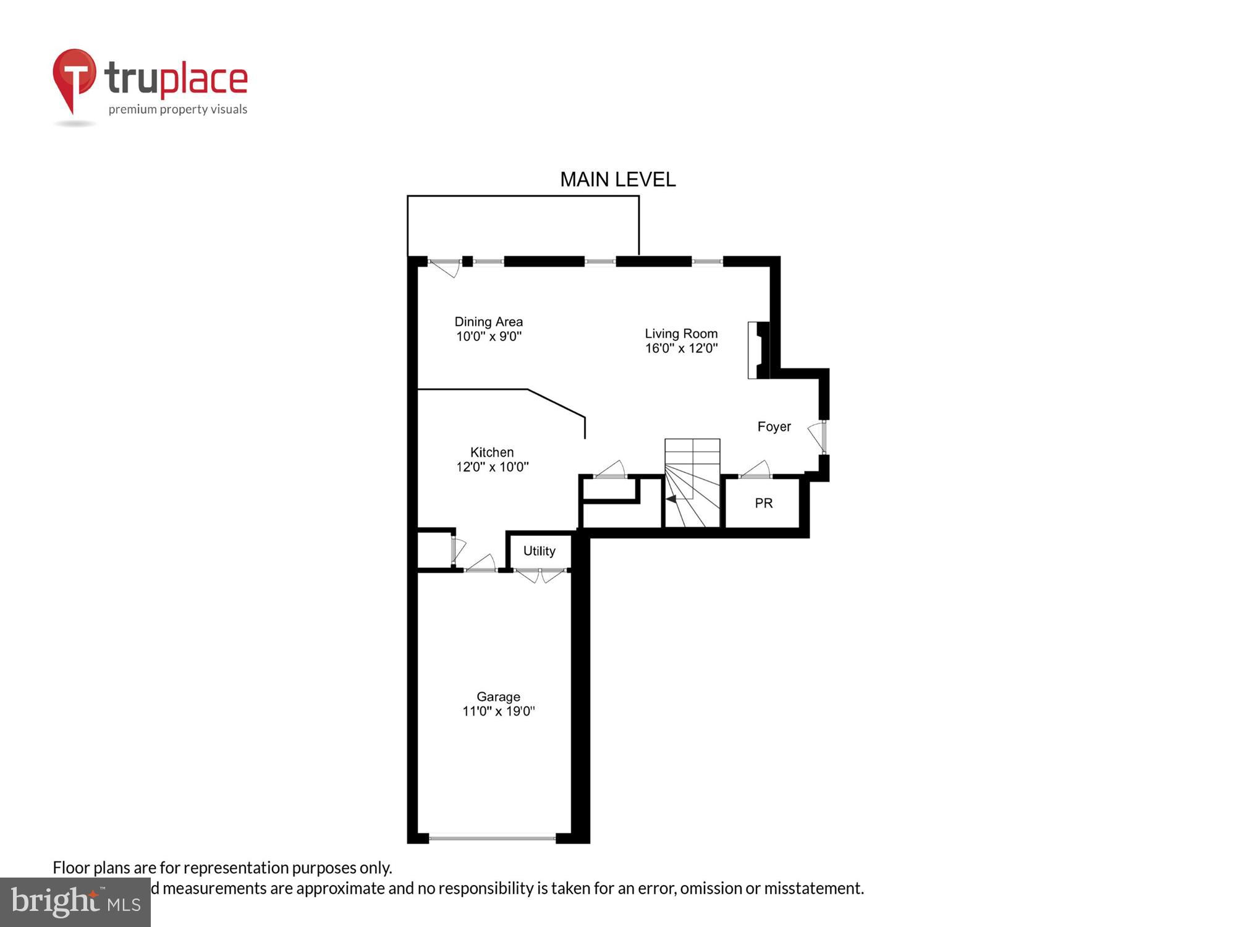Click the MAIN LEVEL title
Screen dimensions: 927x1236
pos(617,180)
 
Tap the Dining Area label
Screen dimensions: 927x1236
pos(488,322)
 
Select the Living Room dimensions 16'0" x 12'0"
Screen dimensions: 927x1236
pos(681,349)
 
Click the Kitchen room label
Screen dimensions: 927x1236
pos(492,452)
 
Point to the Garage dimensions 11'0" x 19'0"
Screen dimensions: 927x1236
pos(498,711)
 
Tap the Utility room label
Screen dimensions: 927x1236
pos(539,551)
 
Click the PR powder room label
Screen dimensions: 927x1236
pos(763,504)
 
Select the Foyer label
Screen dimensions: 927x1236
pos(774,427)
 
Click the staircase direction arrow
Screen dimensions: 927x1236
pos(671,499)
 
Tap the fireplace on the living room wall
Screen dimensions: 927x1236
pos(758,350)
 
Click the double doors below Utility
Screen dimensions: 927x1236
pos(540,575)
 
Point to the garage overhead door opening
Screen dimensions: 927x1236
pos(492,838)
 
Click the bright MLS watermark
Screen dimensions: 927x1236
pos(75,902)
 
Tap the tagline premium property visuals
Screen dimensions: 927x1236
pos(178,110)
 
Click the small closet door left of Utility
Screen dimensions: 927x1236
pos(458,549)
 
